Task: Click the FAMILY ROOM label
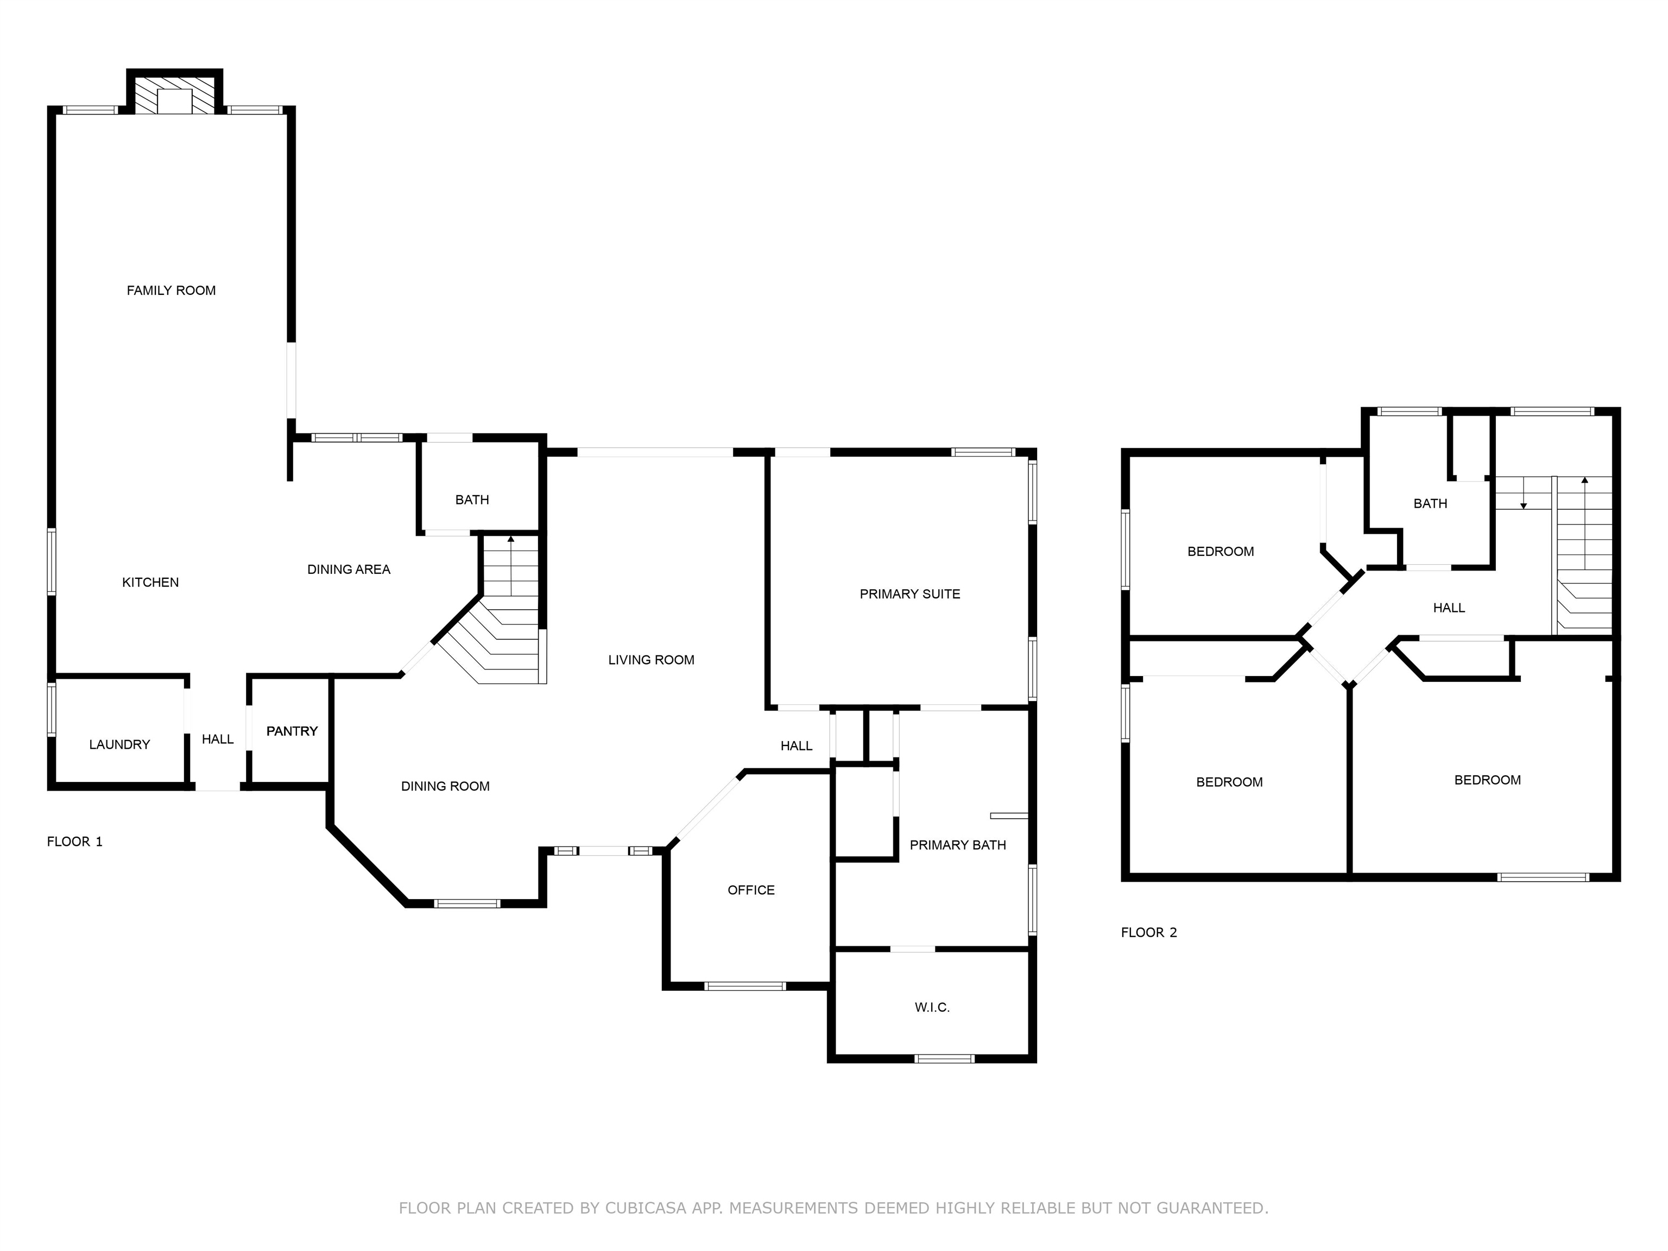coord(171,290)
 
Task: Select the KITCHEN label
coord(151,582)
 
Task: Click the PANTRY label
coord(292,731)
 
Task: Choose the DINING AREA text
coord(349,570)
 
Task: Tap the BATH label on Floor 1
coord(472,500)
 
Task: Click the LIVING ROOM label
coord(652,660)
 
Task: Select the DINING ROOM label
coord(446,787)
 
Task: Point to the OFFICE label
coord(751,890)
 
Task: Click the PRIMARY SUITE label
coord(910,594)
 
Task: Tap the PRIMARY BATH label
coord(958,845)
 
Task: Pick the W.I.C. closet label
coord(932,1007)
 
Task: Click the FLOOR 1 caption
coord(74,842)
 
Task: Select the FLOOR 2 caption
coord(1149,933)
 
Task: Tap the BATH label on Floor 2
coord(1431,504)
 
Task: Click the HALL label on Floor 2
coord(1449,608)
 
